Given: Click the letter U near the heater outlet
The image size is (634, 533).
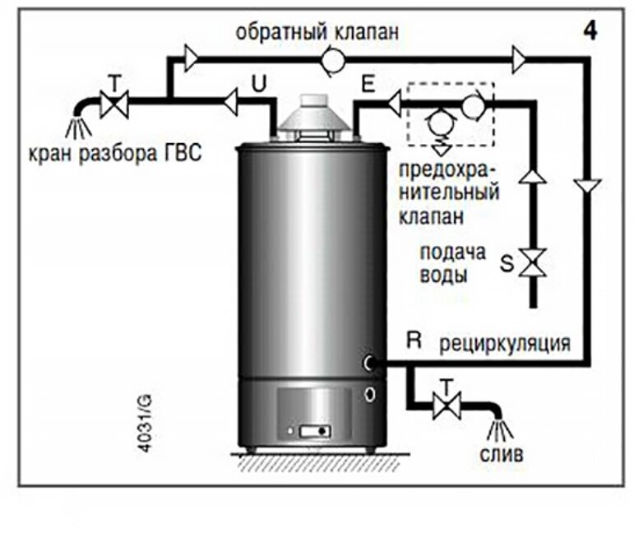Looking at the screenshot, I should point(257,84).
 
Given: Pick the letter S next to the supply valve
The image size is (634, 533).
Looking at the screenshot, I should point(507,265).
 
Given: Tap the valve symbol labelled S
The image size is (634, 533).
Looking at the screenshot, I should point(535,264).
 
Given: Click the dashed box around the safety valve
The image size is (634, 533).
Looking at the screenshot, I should point(449,115).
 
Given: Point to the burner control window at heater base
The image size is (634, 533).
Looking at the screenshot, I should point(313,431).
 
